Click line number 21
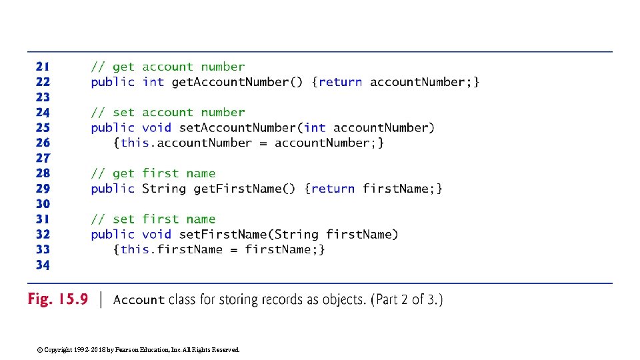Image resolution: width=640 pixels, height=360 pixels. coord(43,67)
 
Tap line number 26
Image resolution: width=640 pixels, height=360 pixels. coord(43,143)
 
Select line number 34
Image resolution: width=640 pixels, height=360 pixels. coord(43,265)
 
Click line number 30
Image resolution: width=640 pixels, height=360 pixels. coord(43,204)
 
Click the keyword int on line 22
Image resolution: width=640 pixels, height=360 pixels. coord(153,82)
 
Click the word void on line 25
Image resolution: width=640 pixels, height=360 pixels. coord(157,127)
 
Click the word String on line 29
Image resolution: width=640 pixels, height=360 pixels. coord(164,189)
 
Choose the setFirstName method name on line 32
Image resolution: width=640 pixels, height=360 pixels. coord(223,234)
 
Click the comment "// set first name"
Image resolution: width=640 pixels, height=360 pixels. coord(153,219)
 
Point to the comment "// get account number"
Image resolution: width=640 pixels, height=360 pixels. coord(168,67)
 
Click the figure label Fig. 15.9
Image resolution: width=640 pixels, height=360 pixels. coord(57,299)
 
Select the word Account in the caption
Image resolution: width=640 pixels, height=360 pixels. coord(139,300)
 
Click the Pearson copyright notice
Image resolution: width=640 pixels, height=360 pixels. coord(139,349)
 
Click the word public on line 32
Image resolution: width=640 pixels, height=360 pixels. coord(113,234)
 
